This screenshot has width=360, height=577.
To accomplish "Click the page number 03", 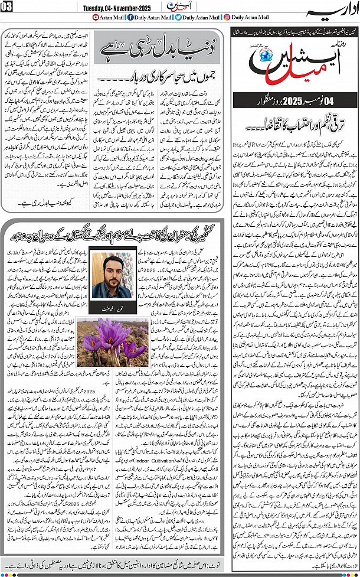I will click(7, 6).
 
